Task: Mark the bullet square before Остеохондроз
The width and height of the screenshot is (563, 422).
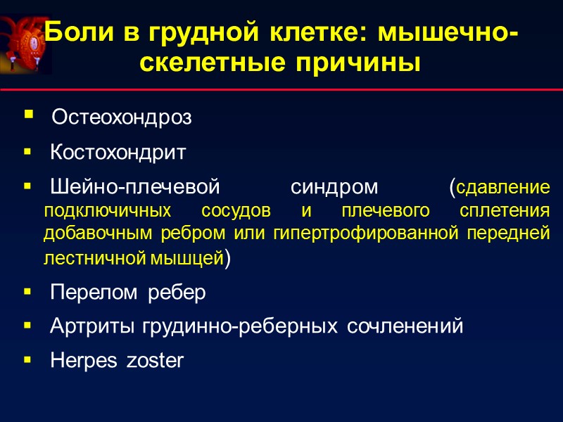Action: click(27, 115)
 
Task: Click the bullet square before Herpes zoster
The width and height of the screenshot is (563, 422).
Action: click(27, 359)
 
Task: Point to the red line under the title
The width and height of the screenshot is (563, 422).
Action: click(281, 91)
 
